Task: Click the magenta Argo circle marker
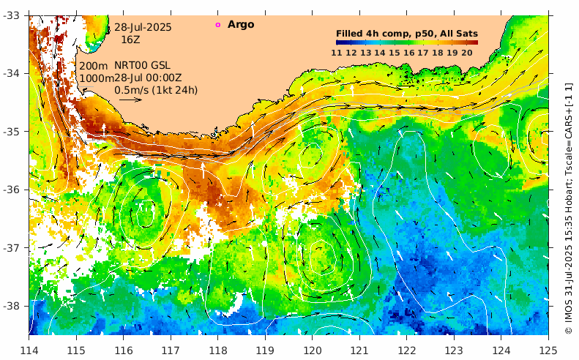[x=217, y=25]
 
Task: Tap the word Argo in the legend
[x=241, y=25]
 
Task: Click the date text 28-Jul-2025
[x=143, y=27]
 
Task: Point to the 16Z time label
[x=130, y=40]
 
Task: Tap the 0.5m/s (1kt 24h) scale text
[x=156, y=90]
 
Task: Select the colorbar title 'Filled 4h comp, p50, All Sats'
[x=406, y=34]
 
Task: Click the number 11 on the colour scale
[x=336, y=53]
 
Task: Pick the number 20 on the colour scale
[x=466, y=53]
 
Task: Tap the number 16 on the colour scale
[x=408, y=53]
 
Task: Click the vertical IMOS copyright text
[x=569, y=209]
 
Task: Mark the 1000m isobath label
[x=96, y=78]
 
